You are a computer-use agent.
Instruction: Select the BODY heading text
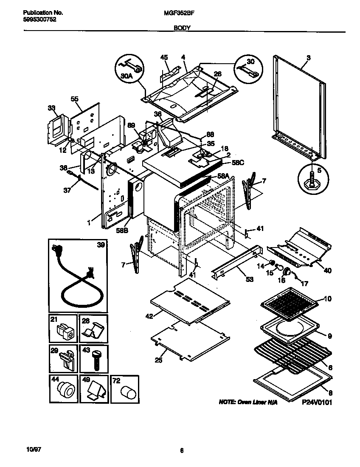(182, 28)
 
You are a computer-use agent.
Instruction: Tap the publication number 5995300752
(39, 20)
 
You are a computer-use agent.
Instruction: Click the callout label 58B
(122, 230)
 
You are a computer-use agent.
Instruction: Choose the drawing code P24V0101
(317, 402)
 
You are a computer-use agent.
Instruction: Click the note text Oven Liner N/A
(248, 402)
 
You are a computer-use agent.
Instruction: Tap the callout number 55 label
(74, 99)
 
